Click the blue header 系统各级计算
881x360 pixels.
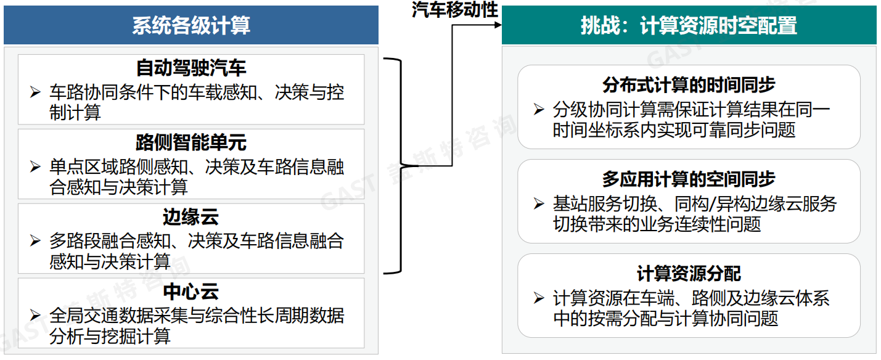(x=191, y=25)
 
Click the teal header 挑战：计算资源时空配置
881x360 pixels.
(x=689, y=25)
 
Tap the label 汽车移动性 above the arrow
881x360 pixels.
(x=455, y=9)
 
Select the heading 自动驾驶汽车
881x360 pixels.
(x=191, y=68)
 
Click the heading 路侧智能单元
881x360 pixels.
(x=191, y=142)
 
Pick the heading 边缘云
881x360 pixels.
(x=191, y=217)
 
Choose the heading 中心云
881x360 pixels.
(x=191, y=292)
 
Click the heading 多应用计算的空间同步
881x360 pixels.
(x=689, y=179)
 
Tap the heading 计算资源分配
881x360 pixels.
(x=689, y=274)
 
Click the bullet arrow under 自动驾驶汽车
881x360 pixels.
(x=35, y=93)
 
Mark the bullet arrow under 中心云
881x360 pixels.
(x=35, y=316)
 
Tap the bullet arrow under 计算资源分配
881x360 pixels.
(x=539, y=299)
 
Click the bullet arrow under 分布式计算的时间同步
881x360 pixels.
(x=539, y=110)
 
